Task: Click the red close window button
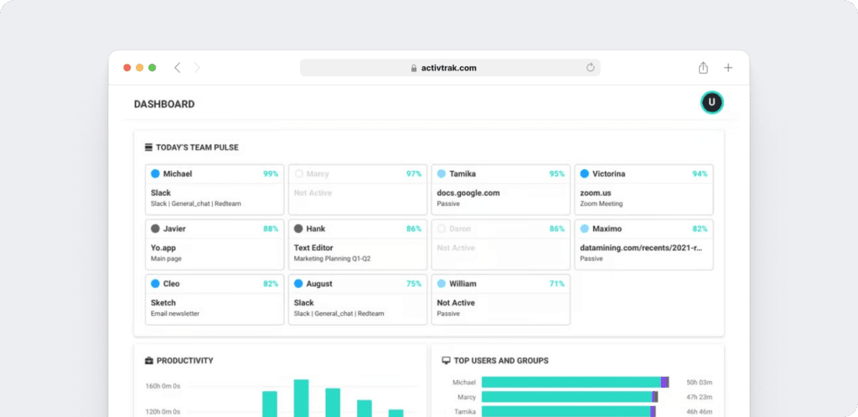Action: coord(127,68)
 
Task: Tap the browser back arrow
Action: coord(177,68)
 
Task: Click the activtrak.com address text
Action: coord(449,68)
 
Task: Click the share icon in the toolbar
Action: coord(703,68)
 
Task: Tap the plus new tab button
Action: coord(728,68)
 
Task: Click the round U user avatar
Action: coord(711,102)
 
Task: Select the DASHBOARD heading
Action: coord(164,105)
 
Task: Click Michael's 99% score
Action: coord(271,174)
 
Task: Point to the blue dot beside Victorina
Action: coord(584,174)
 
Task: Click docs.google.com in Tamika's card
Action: coord(468,193)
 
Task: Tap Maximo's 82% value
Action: coord(700,229)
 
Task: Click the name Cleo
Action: coord(172,284)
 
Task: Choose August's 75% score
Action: coord(414,284)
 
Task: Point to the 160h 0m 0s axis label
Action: coord(163,386)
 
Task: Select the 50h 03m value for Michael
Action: coord(699,382)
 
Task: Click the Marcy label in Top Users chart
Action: coord(467,397)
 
